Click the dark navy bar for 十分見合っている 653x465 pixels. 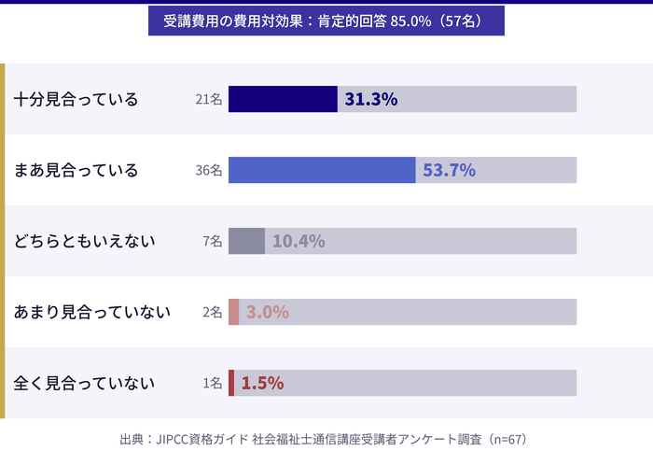pyautogui.click(x=283, y=99)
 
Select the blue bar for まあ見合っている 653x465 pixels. pyautogui.click(x=322, y=170)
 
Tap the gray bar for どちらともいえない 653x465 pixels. pyautogui.click(x=246, y=241)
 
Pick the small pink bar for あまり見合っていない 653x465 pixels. pyautogui.click(x=233, y=312)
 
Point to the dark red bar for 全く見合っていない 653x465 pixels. pyautogui.click(x=231, y=383)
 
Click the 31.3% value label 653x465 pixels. pyautogui.click(x=371, y=99)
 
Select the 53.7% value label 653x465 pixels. pyautogui.click(x=450, y=170)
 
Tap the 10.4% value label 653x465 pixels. pyautogui.click(x=299, y=241)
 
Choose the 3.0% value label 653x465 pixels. pyautogui.click(x=268, y=312)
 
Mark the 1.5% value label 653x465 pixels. pyautogui.click(x=262, y=383)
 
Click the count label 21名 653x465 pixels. pyautogui.click(x=209, y=99)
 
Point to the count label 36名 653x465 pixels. pyautogui.click(x=209, y=170)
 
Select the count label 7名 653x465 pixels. pyautogui.click(x=213, y=241)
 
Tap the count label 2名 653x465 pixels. pyautogui.click(x=213, y=312)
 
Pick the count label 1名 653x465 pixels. pyautogui.click(x=213, y=383)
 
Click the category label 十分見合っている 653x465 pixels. pyautogui.click(x=76, y=99)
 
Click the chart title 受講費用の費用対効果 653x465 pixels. pyautogui.click(x=326, y=21)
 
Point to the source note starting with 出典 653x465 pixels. pyautogui.click(x=325, y=439)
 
